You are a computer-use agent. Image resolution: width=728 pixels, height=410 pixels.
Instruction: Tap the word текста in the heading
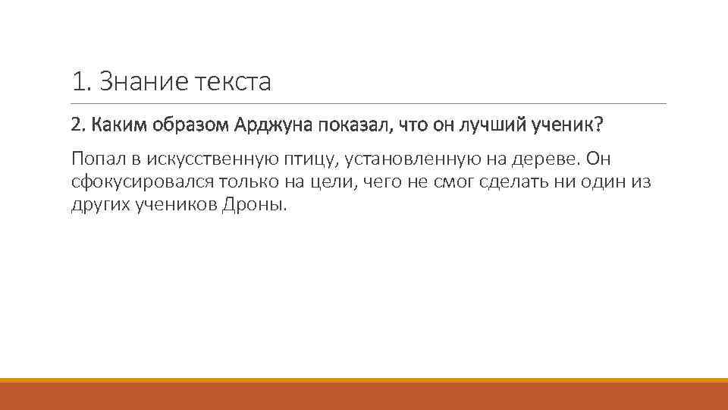pos(233,81)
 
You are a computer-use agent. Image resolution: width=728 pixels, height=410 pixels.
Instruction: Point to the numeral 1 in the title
pos(77,81)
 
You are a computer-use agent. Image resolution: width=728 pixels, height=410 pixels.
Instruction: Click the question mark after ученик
pos(601,125)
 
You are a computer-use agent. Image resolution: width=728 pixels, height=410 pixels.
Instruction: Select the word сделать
pos(510,182)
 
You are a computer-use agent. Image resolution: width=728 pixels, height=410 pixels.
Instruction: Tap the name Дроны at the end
pos(255,205)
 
